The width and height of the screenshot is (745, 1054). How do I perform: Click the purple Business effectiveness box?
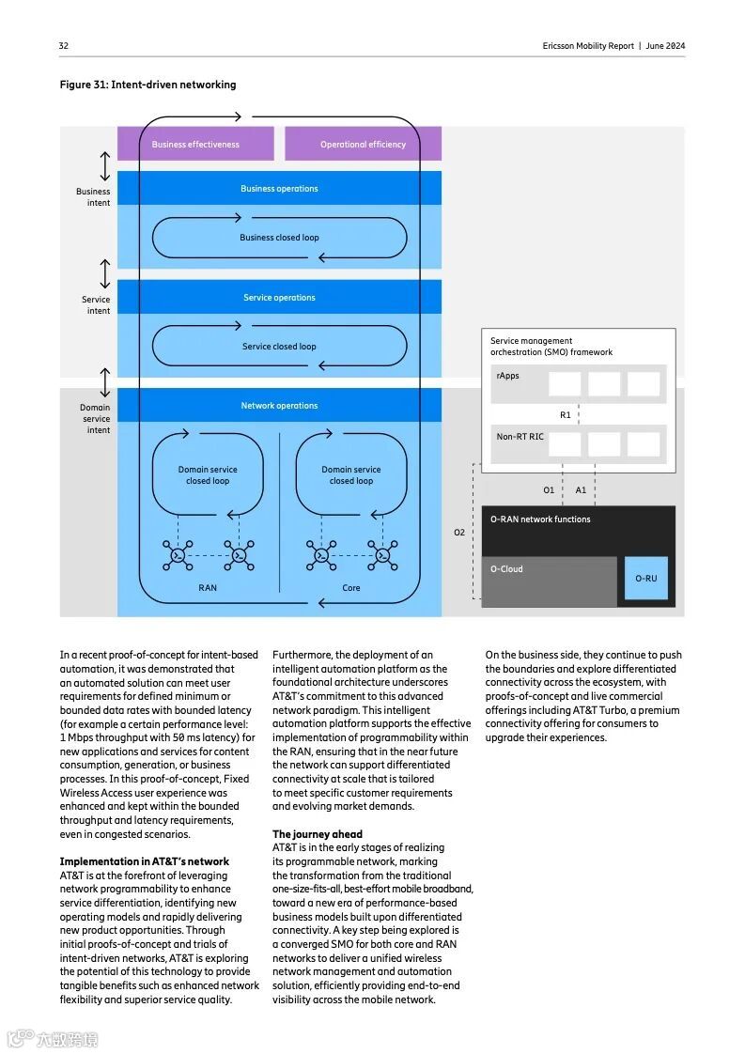click(x=195, y=145)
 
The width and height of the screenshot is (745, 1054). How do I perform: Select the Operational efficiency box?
click(x=363, y=145)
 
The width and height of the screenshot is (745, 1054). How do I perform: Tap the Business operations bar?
click(x=279, y=189)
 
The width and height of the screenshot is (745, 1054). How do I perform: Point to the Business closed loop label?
click(x=279, y=238)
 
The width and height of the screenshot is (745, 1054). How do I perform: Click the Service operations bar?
click(x=279, y=298)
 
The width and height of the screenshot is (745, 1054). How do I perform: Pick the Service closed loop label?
click(x=279, y=347)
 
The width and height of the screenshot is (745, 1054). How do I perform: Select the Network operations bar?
click(x=279, y=406)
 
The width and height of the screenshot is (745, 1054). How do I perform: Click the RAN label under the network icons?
click(x=208, y=588)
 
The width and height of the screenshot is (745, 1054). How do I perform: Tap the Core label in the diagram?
click(x=350, y=588)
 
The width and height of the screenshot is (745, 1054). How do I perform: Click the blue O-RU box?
click(x=645, y=579)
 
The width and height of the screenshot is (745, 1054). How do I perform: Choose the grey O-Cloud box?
click(x=549, y=581)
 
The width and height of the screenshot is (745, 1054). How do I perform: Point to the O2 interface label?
click(x=459, y=533)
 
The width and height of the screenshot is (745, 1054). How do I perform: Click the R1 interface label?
click(x=566, y=414)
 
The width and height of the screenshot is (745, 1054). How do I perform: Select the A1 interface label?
click(x=581, y=490)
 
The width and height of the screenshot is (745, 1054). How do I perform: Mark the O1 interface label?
click(x=550, y=490)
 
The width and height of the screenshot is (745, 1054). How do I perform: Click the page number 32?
click(x=64, y=46)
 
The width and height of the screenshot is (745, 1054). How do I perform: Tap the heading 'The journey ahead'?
click(x=317, y=834)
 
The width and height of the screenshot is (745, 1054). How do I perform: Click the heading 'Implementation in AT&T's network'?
click(x=144, y=861)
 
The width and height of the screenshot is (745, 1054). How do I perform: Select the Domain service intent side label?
click(x=96, y=419)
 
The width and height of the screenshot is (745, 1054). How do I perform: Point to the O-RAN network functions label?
click(x=540, y=519)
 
